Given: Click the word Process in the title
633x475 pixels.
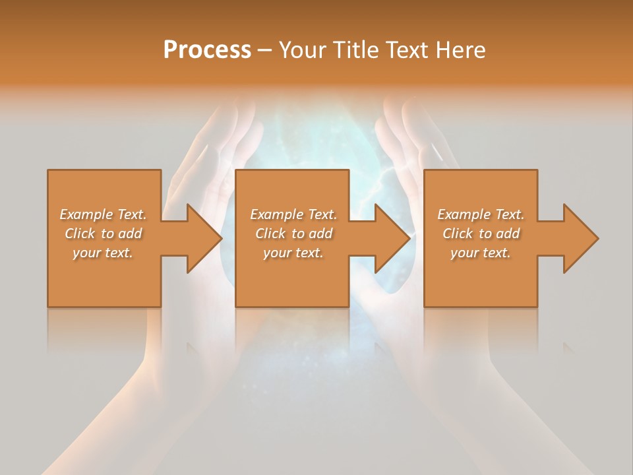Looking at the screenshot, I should click(x=207, y=49).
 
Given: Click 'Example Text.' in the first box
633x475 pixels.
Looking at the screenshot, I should click(x=103, y=214).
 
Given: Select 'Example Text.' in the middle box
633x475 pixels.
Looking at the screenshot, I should click(x=293, y=214).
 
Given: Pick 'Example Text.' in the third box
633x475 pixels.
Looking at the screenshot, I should click(x=481, y=214).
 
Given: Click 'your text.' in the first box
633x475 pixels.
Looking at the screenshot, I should click(x=103, y=253).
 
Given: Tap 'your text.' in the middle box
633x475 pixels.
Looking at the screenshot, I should click(x=293, y=253).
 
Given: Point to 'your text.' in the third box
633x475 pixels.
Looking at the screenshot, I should click(x=481, y=253).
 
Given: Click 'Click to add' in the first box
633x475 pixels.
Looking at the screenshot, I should click(x=103, y=234).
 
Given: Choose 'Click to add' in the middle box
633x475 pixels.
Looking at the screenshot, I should click(x=293, y=234).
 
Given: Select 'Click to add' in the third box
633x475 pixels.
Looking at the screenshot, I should click(x=481, y=234).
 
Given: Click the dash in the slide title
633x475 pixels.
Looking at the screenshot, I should click(x=265, y=51).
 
